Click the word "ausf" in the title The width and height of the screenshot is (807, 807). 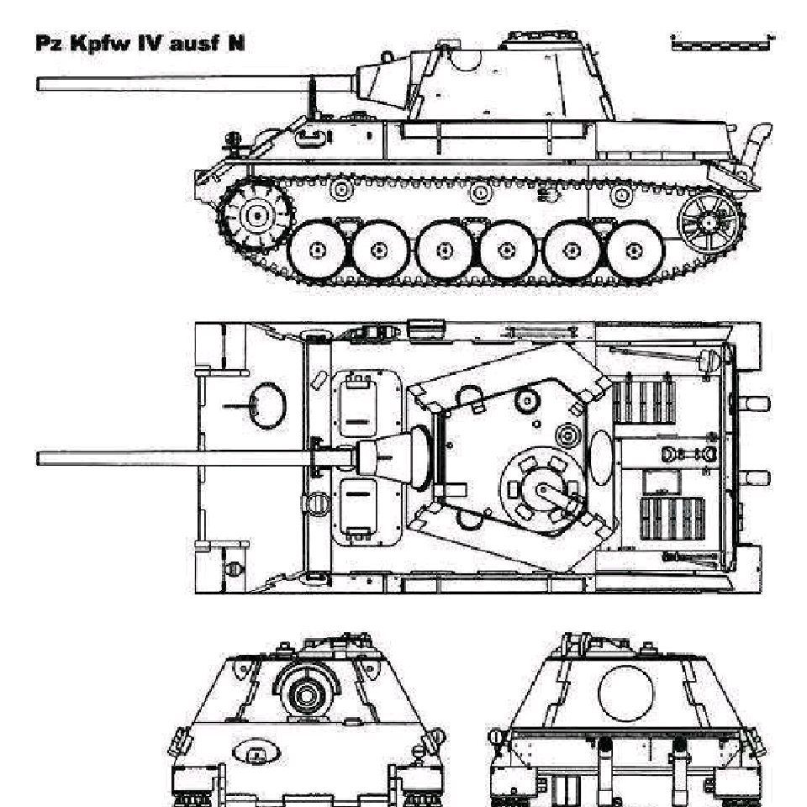tap(194, 43)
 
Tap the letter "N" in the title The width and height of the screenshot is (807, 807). tap(236, 43)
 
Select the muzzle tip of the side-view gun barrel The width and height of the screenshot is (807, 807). tap(38, 84)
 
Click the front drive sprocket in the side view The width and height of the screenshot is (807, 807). tap(256, 214)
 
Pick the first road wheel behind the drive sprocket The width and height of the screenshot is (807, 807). tap(317, 251)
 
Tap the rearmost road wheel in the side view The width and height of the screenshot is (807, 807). tap(635, 251)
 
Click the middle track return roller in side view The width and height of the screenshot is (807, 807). tap(480, 193)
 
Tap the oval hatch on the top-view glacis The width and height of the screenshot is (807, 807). tap(267, 405)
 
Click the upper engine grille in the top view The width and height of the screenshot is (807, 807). tap(643, 398)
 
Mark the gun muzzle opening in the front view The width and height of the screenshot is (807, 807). tap(306, 695)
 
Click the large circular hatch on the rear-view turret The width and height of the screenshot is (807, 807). tap(625, 692)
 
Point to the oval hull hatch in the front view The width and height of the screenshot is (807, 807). tap(256, 752)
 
